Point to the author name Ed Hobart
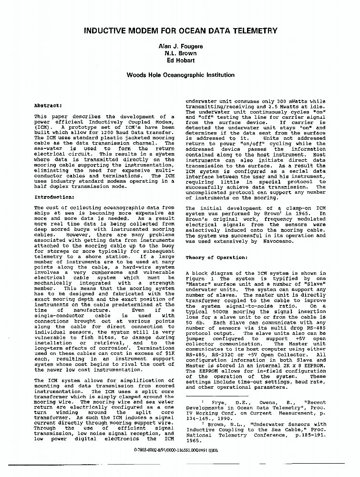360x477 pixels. point(180,61)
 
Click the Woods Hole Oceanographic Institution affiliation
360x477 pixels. point(180,75)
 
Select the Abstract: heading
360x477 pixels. point(49,105)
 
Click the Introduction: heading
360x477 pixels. point(54,197)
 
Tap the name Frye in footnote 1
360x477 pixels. point(219,402)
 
